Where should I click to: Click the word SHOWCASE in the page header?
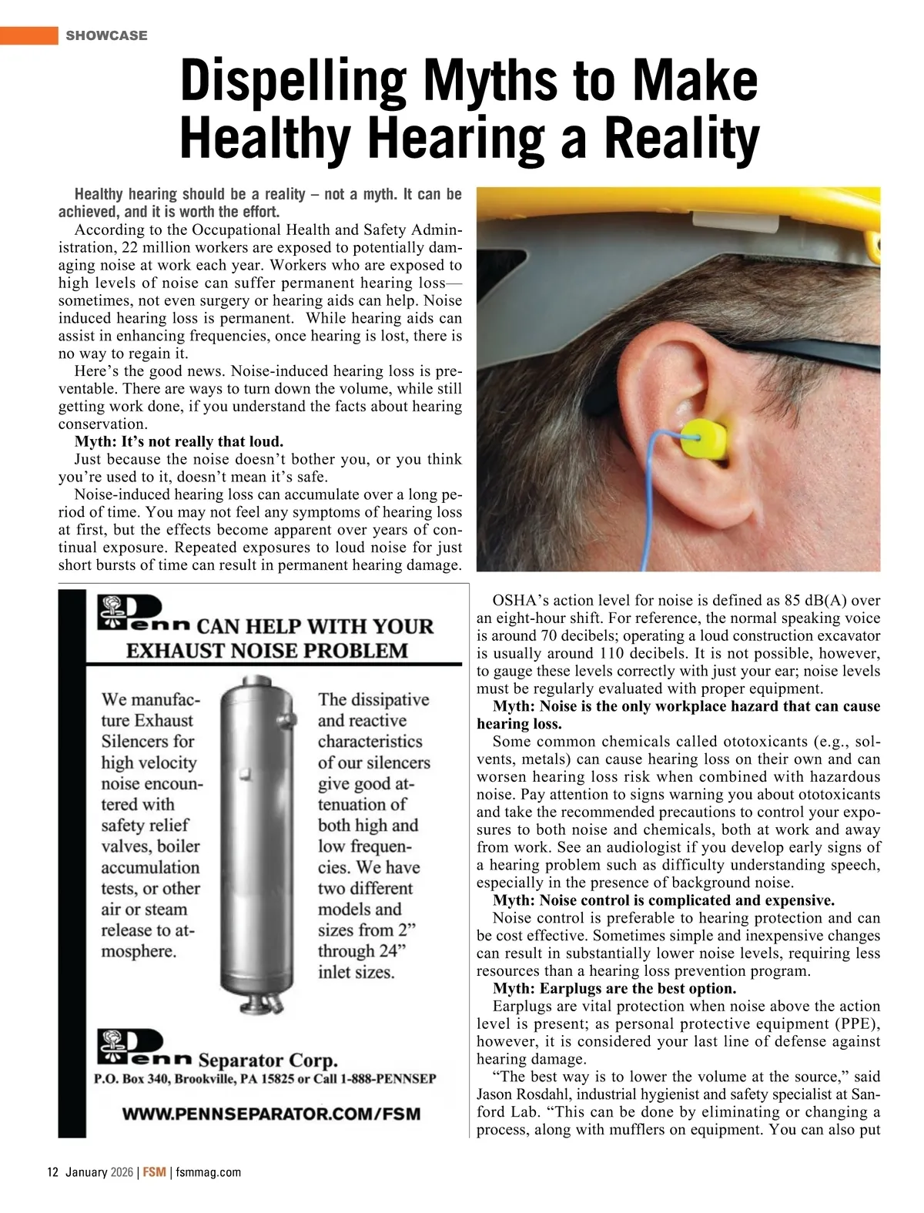pyautogui.click(x=106, y=35)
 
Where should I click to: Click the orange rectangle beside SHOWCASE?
pyautogui.click(x=29, y=35)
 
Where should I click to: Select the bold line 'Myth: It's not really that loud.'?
pyautogui.click(x=179, y=441)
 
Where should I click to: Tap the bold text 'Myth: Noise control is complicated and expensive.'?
pyautogui.click(x=664, y=900)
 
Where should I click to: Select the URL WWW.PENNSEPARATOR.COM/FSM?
pyautogui.click(x=271, y=1114)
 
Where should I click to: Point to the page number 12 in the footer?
pyautogui.click(x=52, y=1172)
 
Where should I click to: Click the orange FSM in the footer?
pyautogui.click(x=154, y=1172)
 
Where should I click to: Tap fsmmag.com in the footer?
pyautogui.click(x=208, y=1172)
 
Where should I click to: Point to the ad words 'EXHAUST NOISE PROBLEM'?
pyautogui.click(x=266, y=651)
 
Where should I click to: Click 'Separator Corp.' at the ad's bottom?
pyautogui.click(x=268, y=1060)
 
